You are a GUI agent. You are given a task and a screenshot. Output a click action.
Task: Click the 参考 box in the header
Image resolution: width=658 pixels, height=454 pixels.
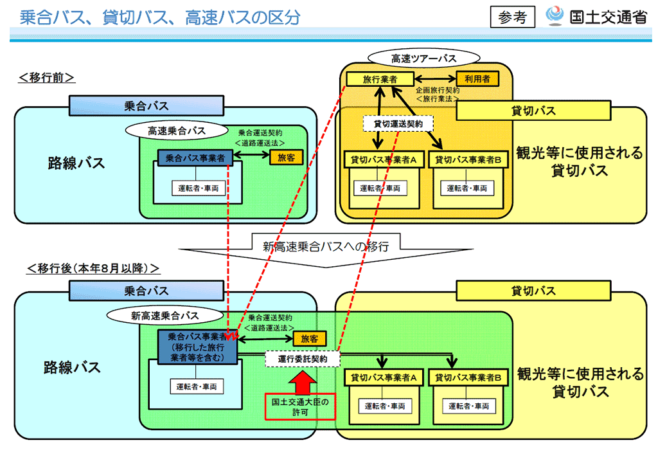[x=512, y=17]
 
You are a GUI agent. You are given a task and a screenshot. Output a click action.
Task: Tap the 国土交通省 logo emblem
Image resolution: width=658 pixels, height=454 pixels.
[x=555, y=15]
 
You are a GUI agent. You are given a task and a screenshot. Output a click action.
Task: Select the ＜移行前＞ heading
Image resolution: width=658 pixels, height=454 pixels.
[x=46, y=78]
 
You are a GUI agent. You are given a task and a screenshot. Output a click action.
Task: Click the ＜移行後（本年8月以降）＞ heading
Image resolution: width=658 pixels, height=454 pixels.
[x=93, y=268]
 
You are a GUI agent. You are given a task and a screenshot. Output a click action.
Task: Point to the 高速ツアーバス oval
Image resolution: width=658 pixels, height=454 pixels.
[x=423, y=59]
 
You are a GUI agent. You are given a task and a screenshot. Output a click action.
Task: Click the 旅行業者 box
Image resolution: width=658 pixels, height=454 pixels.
[x=380, y=79]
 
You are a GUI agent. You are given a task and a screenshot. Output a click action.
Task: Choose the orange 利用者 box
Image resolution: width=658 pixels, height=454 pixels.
[x=477, y=78]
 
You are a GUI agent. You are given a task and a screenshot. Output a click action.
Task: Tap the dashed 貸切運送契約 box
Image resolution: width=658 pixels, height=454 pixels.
[x=398, y=124]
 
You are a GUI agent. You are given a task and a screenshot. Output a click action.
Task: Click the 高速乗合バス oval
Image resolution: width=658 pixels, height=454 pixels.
[x=177, y=131]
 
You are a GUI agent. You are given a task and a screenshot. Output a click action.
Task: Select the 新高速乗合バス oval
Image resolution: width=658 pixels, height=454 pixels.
[x=165, y=316]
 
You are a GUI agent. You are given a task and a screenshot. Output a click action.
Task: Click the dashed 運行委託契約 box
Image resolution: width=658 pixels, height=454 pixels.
[x=303, y=359]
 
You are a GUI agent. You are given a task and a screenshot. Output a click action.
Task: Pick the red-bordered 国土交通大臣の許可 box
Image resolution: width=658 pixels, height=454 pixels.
[x=300, y=406]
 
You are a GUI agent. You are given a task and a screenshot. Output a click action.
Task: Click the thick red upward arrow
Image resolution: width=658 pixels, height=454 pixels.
[x=302, y=381]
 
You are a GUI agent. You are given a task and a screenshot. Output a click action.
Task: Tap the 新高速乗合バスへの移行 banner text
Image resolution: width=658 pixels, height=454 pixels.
[x=326, y=246]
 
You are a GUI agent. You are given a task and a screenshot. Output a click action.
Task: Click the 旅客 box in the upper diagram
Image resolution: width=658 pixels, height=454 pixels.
[x=286, y=158]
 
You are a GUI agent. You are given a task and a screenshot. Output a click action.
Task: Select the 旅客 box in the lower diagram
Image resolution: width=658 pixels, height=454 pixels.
[x=309, y=338]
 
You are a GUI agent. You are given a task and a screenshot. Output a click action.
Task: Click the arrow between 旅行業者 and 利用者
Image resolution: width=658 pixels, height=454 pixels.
[x=435, y=78]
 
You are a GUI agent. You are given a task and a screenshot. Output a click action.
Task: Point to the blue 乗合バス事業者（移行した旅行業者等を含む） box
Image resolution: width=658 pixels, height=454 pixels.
[x=197, y=347]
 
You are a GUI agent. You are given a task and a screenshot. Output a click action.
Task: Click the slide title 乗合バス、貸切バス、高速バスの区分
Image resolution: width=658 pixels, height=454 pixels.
[x=160, y=17]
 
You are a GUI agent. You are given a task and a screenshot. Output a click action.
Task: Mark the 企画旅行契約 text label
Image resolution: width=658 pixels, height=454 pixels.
[x=437, y=90]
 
